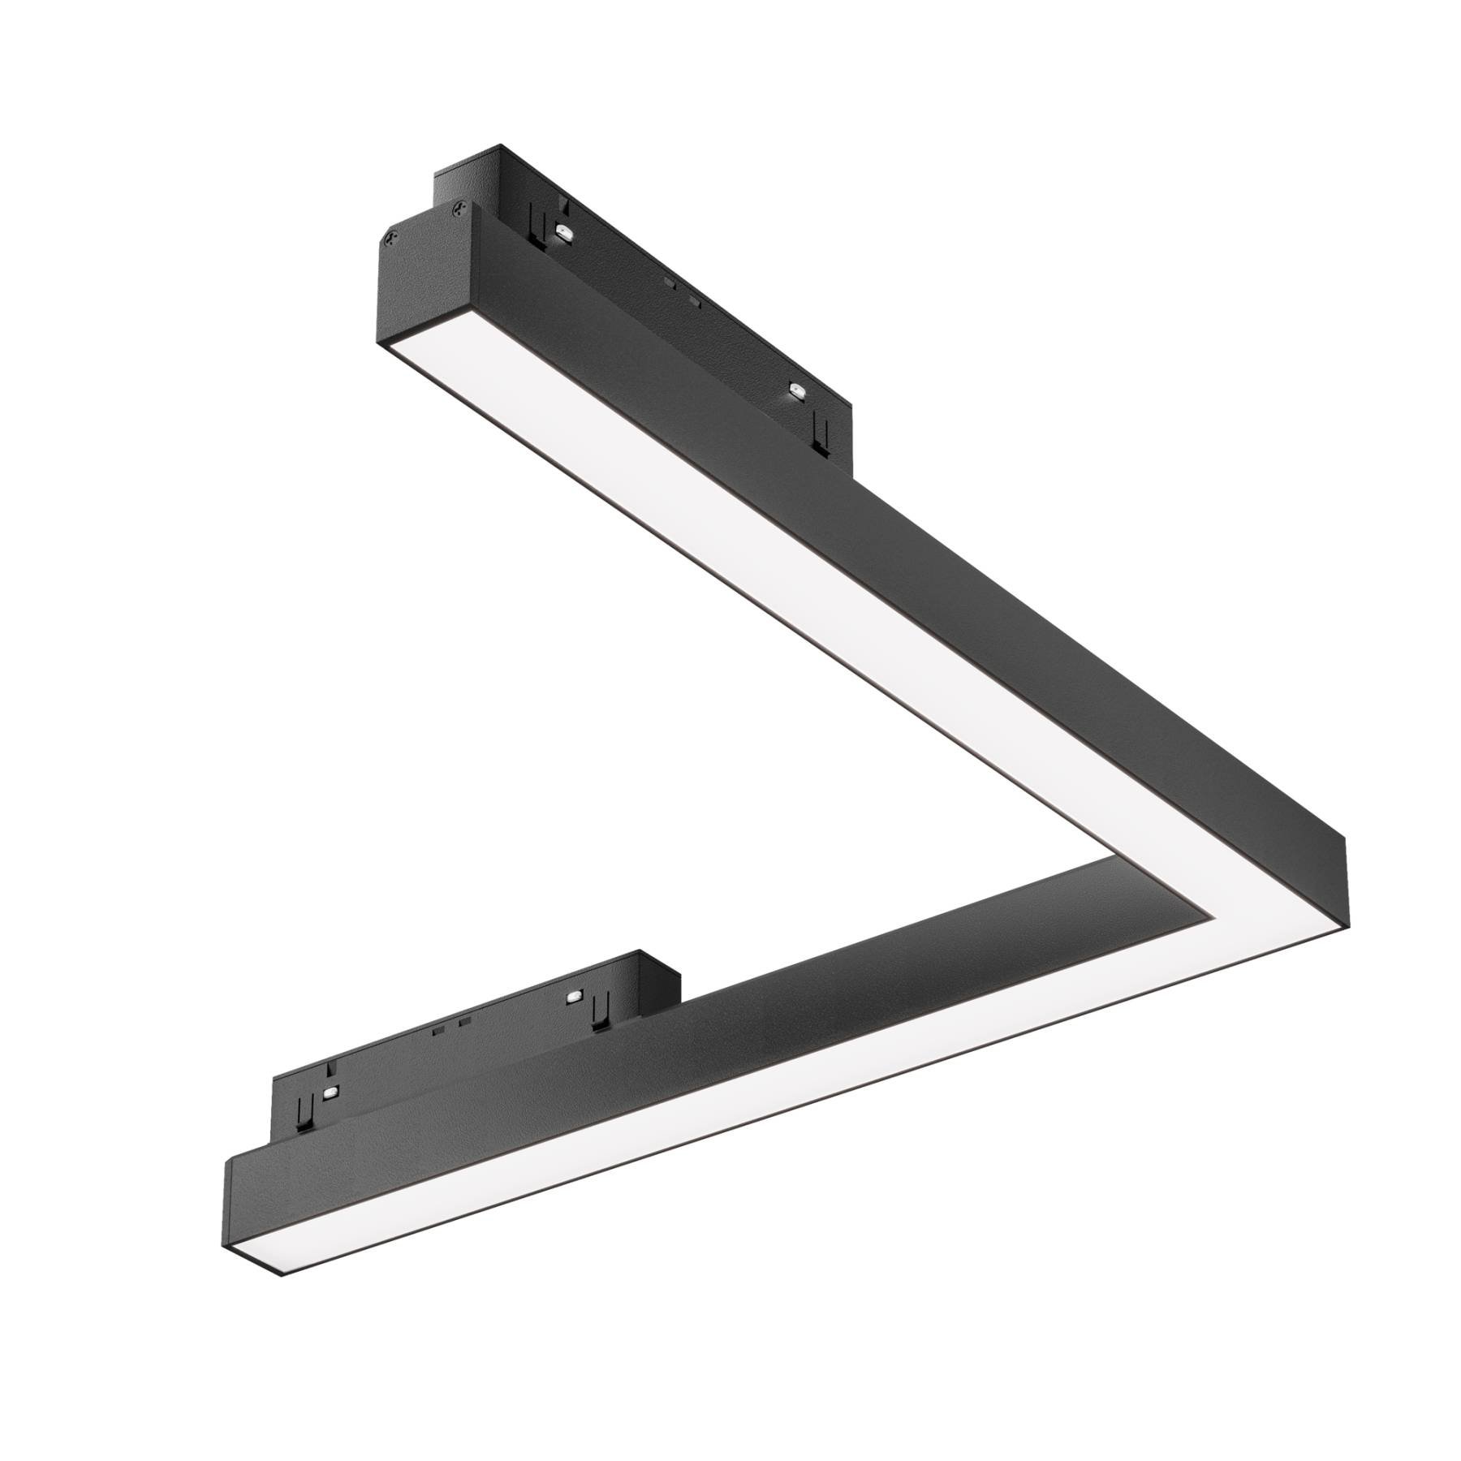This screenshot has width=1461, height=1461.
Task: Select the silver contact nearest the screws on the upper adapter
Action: coord(562,231)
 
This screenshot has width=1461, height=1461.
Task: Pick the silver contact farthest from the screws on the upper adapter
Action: coord(795,393)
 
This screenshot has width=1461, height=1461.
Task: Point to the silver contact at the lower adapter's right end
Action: coord(574,995)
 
